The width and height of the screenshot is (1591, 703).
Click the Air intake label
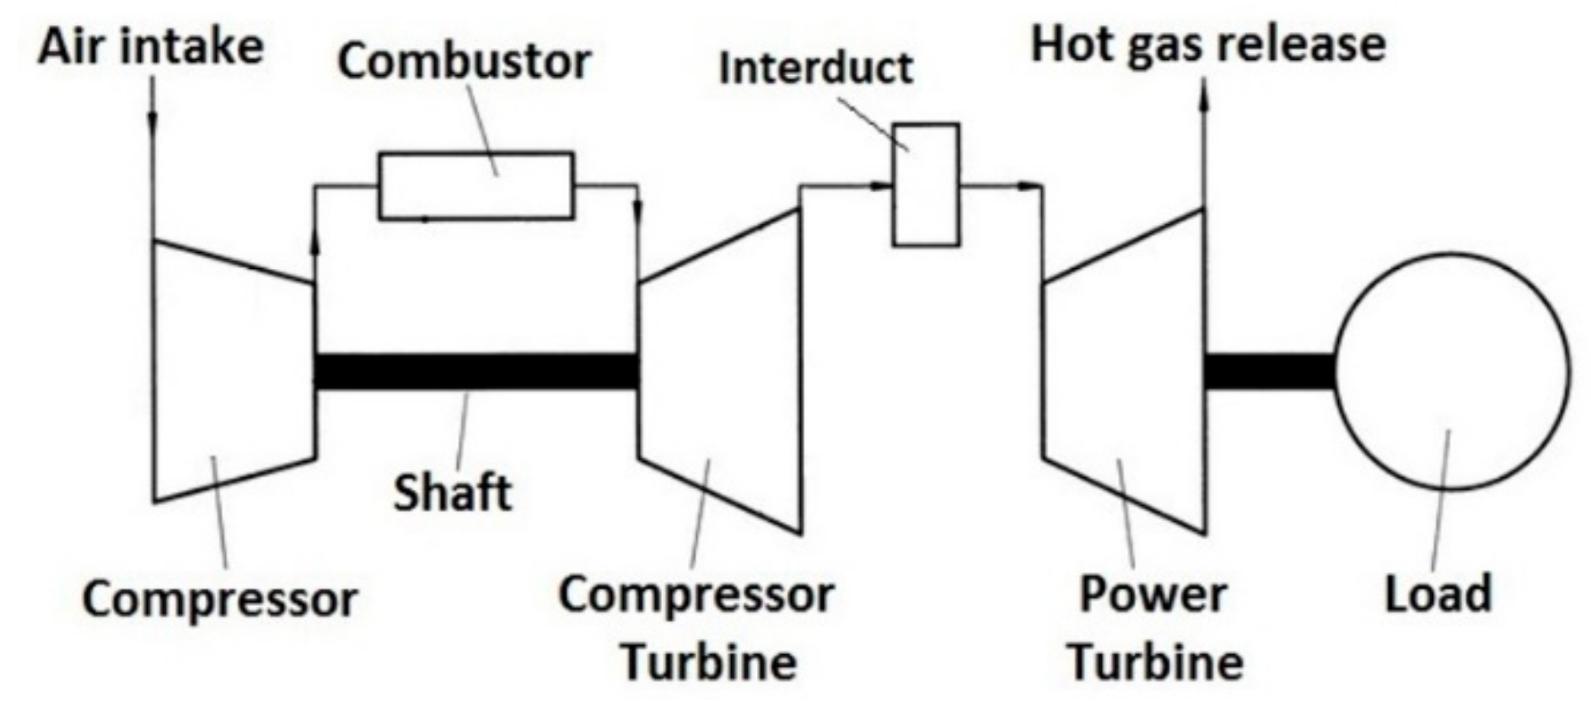pos(150,46)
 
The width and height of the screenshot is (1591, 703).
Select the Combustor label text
pos(464,62)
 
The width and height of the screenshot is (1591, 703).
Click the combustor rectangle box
pos(476,185)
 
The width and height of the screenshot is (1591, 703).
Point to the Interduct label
pos(815,67)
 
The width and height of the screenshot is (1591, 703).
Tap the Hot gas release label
pos(1208,44)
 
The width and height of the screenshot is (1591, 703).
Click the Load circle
pos(1451,371)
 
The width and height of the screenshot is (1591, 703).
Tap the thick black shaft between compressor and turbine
pos(476,372)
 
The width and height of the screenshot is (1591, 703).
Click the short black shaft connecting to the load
pos(1268,372)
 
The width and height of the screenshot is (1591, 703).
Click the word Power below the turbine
pos(1153,595)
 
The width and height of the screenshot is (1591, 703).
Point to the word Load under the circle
pos(1438,593)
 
